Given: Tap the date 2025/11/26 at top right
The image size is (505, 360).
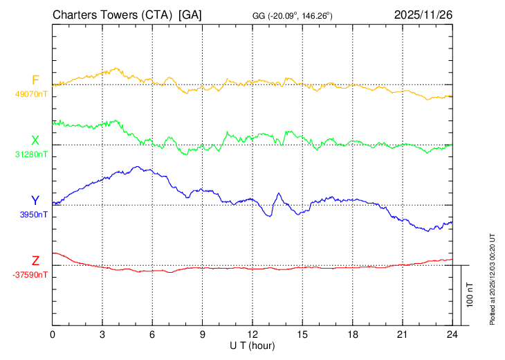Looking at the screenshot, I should point(423,15).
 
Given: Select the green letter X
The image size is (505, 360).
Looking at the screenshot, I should point(35,141).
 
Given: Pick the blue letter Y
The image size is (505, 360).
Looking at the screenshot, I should point(35,201).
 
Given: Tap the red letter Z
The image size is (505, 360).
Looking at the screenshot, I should point(35,260).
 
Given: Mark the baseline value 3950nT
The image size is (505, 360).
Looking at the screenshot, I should point(32,215).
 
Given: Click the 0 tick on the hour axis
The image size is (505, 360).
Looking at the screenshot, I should point(53,334).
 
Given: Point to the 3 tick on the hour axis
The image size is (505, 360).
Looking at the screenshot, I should point(102,334).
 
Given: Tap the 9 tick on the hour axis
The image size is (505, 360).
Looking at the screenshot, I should point(203,334).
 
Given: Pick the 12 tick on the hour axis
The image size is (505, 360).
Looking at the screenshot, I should point(252,334).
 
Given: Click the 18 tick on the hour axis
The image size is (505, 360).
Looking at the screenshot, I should point(353,334).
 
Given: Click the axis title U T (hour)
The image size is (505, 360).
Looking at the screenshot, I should point(252,345).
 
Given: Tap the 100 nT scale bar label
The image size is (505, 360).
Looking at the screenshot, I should point(470,295).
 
